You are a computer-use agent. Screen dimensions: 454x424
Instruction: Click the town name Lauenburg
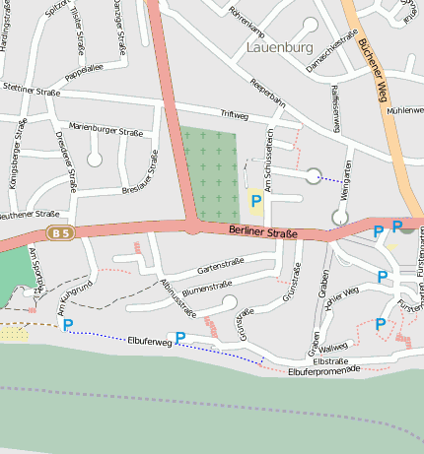click(x=279, y=47)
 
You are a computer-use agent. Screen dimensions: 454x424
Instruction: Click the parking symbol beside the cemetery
click(x=256, y=201)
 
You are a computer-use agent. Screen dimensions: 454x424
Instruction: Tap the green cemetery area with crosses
click(x=209, y=172)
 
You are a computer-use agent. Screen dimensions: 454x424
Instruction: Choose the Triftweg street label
click(x=234, y=114)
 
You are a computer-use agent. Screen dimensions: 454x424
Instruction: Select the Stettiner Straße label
click(x=31, y=88)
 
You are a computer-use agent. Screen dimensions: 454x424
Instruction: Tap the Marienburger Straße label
click(x=107, y=126)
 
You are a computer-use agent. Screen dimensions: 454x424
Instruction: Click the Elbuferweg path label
click(x=150, y=342)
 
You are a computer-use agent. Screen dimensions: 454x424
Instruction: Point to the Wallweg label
click(x=333, y=348)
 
